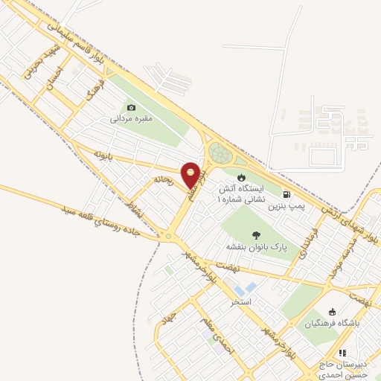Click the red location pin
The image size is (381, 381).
pyautogui.click(x=191, y=174)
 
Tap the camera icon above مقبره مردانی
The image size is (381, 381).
pyautogui.click(x=132, y=107)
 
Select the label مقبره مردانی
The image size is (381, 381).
pyautogui.click(x=131, y=118)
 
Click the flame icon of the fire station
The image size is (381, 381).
pyautogui.click(x=240, y=176)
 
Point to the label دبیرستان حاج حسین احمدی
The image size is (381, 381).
pyautogui.click(x=342, y=369)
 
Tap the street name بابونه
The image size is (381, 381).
pyautogui.click(x=103, y=155)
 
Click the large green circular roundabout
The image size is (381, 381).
pyautogui.click(x=220, y=153)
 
